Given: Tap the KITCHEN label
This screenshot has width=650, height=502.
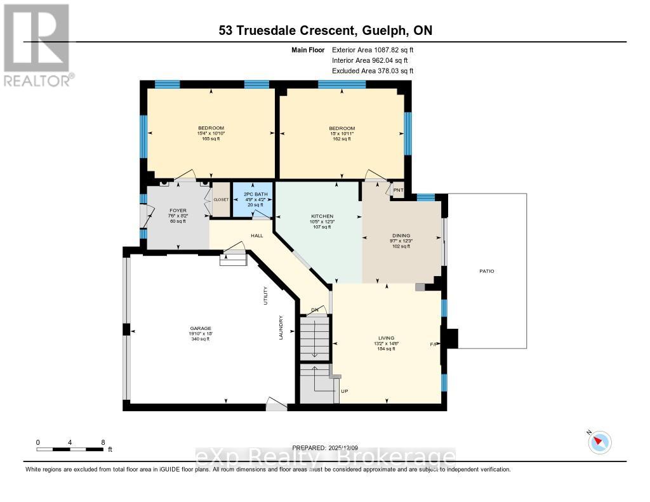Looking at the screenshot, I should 322,216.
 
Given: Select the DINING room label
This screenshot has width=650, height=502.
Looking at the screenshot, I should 401,235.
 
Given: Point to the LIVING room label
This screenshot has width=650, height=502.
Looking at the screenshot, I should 386,338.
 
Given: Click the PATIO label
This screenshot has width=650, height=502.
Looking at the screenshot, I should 486,271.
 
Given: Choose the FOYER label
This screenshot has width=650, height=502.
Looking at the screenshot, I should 177,210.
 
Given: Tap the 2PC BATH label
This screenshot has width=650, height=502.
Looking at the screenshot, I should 252,191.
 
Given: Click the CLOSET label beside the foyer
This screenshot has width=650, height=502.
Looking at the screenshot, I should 221,199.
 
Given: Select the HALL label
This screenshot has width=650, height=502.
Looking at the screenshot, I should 256,235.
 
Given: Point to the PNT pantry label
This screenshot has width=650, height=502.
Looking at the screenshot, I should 398,190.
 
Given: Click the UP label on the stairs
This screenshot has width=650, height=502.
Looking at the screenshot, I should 345,391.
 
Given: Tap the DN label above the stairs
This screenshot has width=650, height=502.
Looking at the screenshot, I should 314,310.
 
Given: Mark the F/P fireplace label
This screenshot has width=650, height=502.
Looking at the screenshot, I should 434,344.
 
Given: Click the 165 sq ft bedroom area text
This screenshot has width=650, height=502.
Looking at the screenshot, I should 211,139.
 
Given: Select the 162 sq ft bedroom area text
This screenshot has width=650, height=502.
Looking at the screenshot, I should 342,139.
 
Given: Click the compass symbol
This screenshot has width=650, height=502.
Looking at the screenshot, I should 599,442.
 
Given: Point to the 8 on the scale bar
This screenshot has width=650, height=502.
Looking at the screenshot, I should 103,442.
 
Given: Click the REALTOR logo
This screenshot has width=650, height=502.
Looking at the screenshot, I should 37,45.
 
